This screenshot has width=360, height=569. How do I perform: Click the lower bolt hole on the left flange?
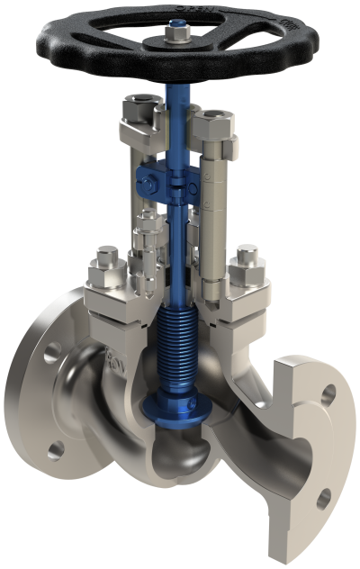coord(56,447)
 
